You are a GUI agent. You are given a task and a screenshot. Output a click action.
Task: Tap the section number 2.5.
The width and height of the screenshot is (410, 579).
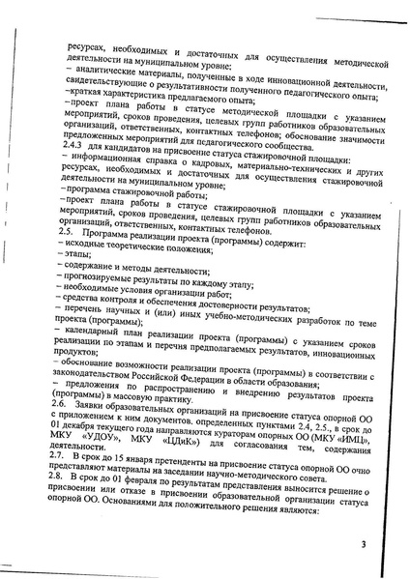(67, 233)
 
